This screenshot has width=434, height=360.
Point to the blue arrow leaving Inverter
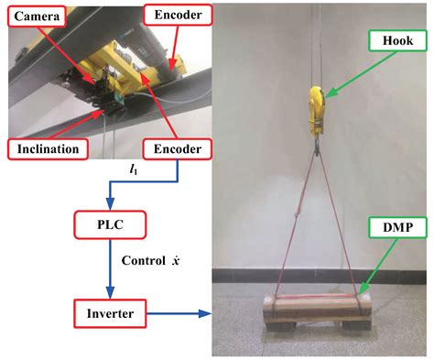[178, 315]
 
